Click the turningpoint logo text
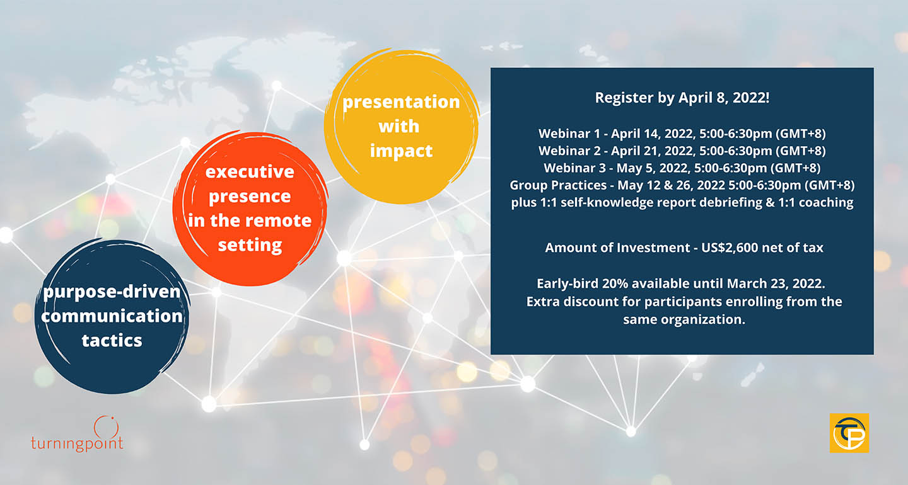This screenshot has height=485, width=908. tap(77, 443)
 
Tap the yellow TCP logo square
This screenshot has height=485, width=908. tap(849, 433)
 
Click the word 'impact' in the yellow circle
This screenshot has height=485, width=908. tap(401, 151)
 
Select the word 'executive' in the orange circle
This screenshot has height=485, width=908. tap(250, 172)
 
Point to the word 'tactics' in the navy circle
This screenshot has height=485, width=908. tap(112, 341)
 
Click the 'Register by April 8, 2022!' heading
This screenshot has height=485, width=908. tap(682, 98)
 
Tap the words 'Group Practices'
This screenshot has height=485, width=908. tap(558, 185)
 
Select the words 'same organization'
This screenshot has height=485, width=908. tap(684, 320)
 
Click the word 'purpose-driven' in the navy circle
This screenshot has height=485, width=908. tap(112, 292)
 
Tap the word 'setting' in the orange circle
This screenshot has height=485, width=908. tap(250, 245)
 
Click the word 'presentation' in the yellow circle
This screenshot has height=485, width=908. tap(401, 102)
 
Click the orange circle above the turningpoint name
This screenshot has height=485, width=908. tap(106, 426)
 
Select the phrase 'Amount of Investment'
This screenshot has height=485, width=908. tap(617, 248)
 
